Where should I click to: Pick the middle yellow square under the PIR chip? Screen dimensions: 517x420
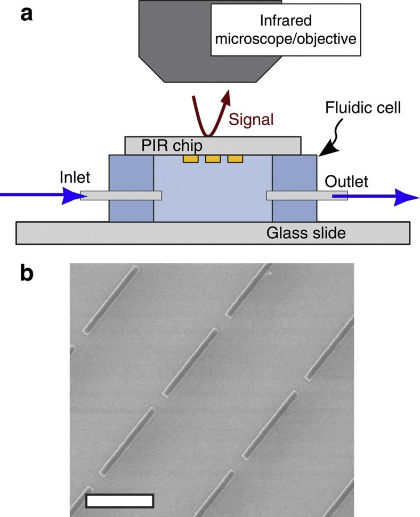coord(213,159)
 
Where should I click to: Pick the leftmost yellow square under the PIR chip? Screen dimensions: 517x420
coord(190,159)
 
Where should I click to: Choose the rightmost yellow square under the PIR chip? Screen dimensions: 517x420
coord(235,159)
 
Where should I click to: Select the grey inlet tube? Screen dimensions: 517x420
coord(121,196)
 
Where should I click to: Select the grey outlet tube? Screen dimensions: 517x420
coord(306,196)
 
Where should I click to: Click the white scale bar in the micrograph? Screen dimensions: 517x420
coord(119,500)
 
